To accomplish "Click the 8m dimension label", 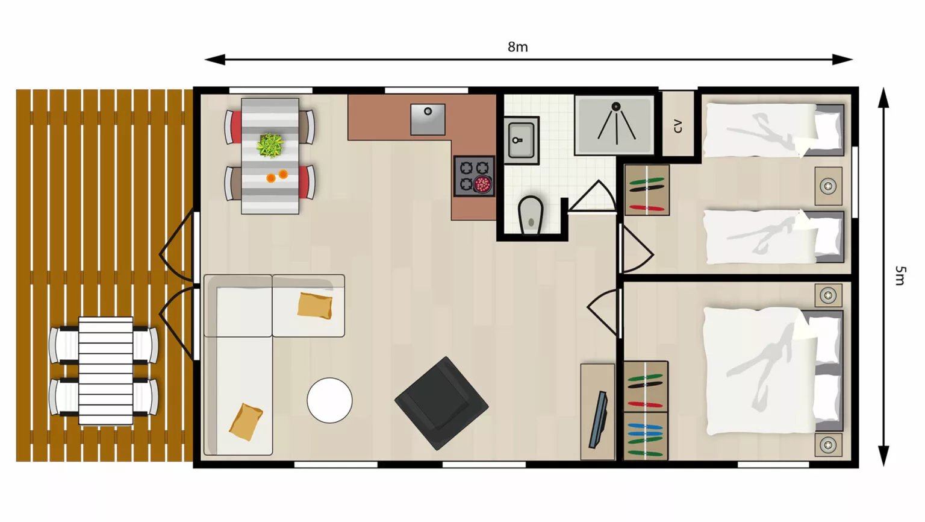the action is click(517, 47).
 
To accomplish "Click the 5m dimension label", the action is click(900, 275).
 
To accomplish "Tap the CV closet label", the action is click(677, 125).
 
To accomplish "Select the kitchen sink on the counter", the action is click(428, 119).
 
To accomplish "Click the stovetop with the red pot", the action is click(474, 175).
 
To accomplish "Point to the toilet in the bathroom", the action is click(531, 215).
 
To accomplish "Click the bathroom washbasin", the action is click(521, 140).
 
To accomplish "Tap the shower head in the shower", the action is click(616, 107).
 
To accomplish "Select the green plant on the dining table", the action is click(270, 145).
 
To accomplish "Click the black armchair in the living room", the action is click(441, 403).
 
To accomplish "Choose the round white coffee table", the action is click(329, 400).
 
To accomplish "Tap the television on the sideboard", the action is click(598, 420).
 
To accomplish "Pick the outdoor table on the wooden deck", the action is click(106, 371).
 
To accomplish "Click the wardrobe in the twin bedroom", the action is click(647, 190).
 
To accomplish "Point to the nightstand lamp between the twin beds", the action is click(829, 186).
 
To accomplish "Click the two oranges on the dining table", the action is click(277, 176).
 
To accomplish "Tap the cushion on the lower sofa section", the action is click(246, 422).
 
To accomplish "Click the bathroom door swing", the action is click(593, 197).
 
